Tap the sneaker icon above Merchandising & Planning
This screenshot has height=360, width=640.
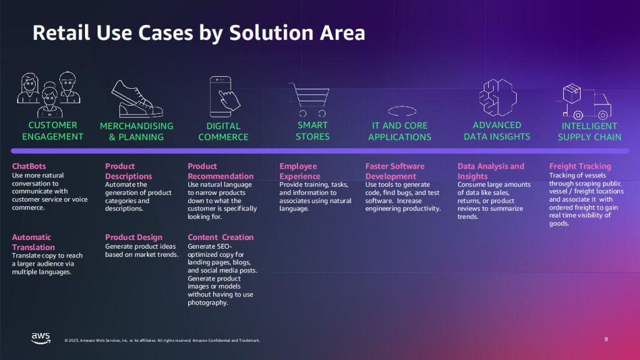click(136, 98)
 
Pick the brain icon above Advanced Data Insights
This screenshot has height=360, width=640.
click(497, 97)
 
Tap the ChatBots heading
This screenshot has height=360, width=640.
click(29, 166)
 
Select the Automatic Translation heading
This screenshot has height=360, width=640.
click(32, 242)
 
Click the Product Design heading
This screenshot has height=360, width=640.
click(134, 237)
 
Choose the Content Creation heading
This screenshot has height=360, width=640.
click(221, 237)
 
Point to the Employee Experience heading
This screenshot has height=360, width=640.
click(299, 171)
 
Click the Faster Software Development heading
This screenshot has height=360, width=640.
click(395, 171)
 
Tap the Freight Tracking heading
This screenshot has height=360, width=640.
click(580, 166)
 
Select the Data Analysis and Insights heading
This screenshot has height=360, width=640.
click(491, 171)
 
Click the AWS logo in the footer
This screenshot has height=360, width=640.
click(41, 338)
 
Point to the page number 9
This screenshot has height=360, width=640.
click(606, 339)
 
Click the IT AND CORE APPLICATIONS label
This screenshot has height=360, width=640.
click(399, 131)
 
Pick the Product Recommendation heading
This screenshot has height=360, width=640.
click(221, 171)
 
